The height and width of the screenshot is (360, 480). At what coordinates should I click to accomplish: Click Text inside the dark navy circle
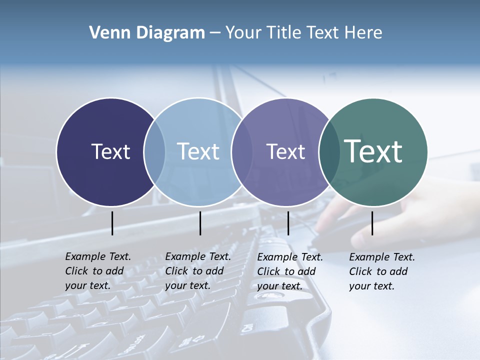click(110, 151)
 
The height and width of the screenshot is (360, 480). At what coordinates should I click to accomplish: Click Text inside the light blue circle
click(198, 151)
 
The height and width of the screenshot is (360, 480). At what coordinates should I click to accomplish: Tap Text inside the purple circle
click(285, 151)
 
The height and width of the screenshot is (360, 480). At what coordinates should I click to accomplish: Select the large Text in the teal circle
click(373, 151)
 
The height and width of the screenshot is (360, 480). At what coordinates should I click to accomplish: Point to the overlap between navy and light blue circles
click(154, 151)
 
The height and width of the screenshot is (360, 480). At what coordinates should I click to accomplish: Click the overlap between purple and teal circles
click(329, 151)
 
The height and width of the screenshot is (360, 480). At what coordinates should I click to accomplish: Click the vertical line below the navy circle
click(112, 223)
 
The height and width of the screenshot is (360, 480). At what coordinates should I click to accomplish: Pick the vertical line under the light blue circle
click(200, 223)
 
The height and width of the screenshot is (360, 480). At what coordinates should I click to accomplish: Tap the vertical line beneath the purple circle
click(288, 223)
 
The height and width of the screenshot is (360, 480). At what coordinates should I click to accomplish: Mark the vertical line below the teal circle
click(372, 223)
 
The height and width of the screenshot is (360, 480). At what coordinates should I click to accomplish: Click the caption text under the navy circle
click(98, 271)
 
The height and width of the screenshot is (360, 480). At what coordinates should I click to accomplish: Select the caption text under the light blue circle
click(198, 271)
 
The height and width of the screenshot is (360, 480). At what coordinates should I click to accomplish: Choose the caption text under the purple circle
click(290, 271)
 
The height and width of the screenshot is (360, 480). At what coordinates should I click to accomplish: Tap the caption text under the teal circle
click(382, 271)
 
